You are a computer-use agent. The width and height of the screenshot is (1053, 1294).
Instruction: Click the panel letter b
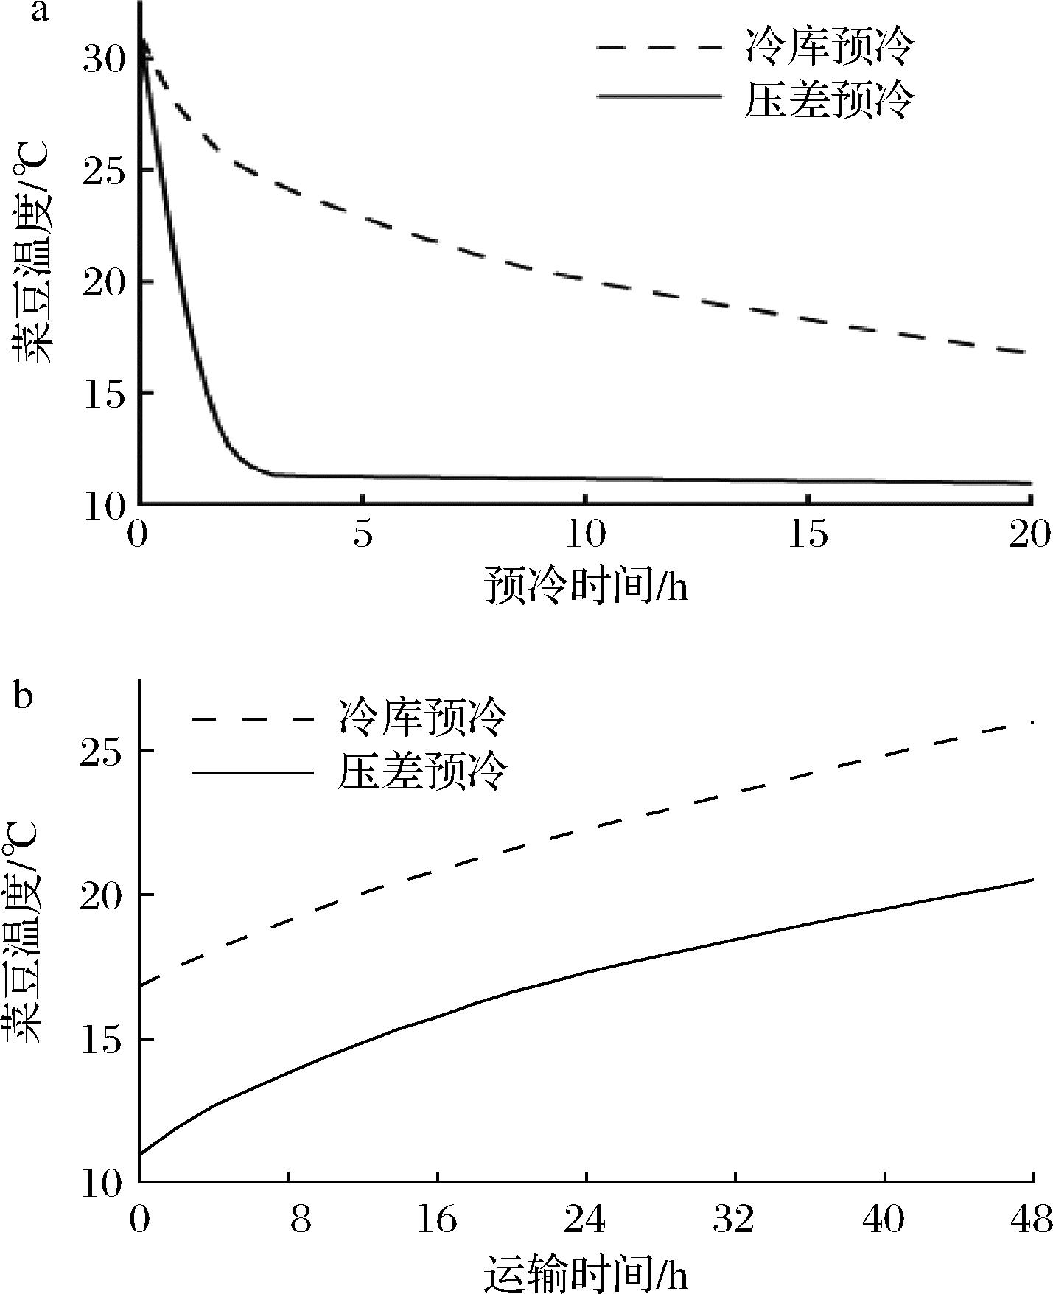pos(24,696)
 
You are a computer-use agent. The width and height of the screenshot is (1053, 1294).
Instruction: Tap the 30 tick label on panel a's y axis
pos(104,60)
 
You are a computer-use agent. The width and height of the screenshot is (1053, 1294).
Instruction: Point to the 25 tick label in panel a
pos(104,171)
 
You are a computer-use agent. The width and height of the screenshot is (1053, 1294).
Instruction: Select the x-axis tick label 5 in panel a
pos(362,536)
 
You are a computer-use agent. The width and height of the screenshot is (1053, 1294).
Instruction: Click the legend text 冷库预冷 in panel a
pos(828,46)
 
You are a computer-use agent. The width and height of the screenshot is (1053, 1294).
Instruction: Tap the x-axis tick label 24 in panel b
pos(586,1221)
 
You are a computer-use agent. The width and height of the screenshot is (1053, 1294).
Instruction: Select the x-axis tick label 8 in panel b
pos(300,1221)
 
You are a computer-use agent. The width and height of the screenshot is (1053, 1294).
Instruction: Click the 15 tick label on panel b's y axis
pos(104,1040)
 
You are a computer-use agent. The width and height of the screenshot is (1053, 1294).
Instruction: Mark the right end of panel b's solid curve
pos(1033,880)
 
